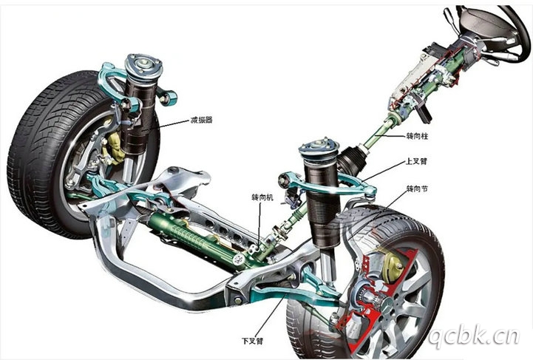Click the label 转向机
click(262, 197)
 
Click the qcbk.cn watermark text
click(473, 338)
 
